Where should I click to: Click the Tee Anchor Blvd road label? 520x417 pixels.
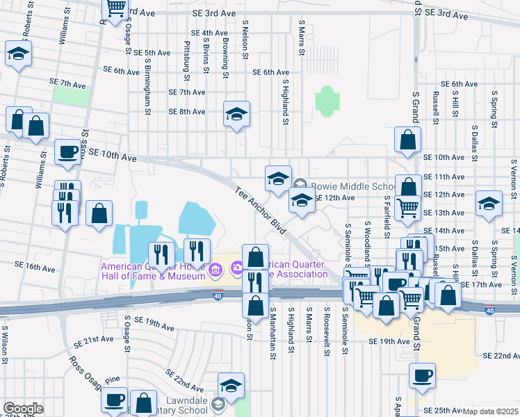(261, 210)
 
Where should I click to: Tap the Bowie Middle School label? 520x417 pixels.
(353, 186)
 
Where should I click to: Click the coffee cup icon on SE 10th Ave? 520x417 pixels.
(68, 152)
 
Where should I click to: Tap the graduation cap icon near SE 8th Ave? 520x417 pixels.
(236, 114)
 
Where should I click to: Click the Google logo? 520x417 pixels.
(23, 409)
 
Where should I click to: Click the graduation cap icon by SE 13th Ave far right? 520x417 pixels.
(489, 204)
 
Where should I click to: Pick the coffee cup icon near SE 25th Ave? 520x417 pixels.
(422, 376)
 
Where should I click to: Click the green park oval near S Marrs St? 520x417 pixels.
(325, 101)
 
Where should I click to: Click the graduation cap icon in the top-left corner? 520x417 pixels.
(19, 54)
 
